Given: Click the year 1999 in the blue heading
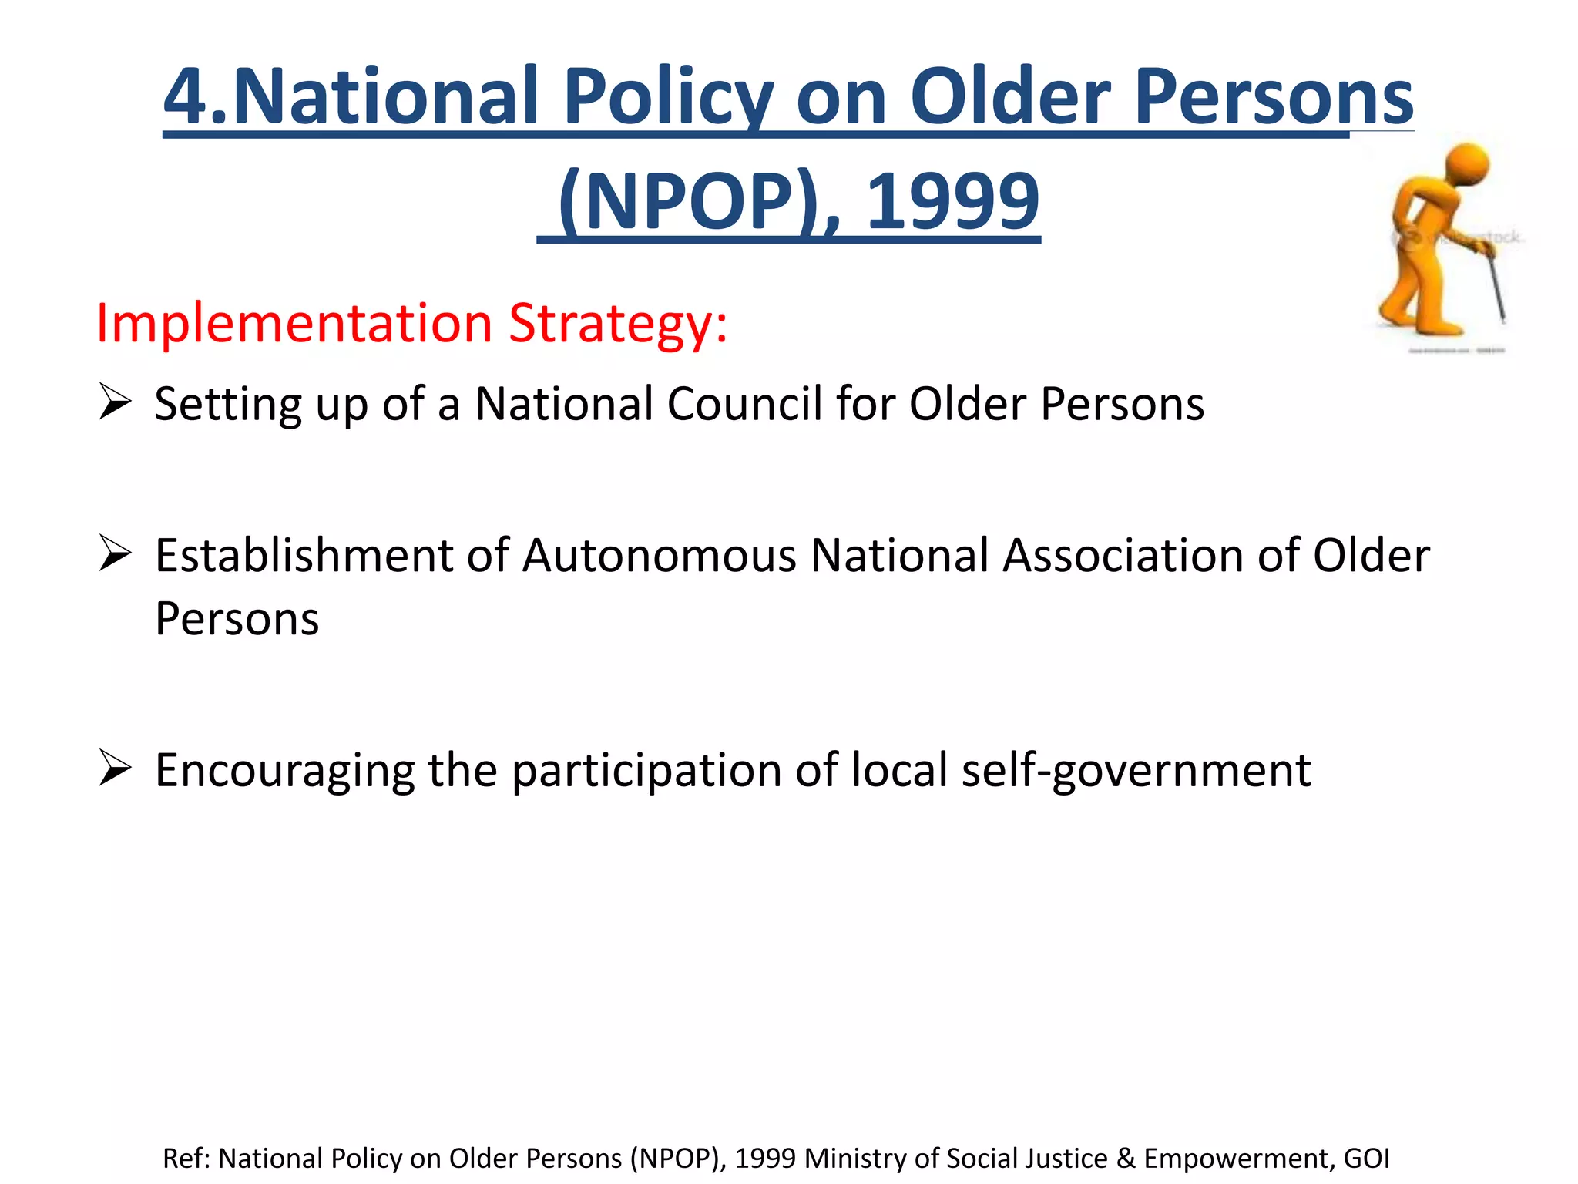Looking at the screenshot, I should pos(953,201).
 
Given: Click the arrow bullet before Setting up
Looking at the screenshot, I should pos(116,402).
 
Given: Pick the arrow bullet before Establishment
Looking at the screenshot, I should pos(116,554).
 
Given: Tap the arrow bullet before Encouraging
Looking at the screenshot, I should pos(116,769).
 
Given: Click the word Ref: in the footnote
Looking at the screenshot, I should pos(186,1159).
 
